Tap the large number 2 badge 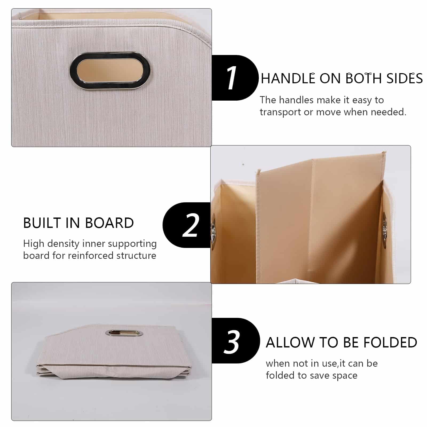190,225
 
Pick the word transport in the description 280,112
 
